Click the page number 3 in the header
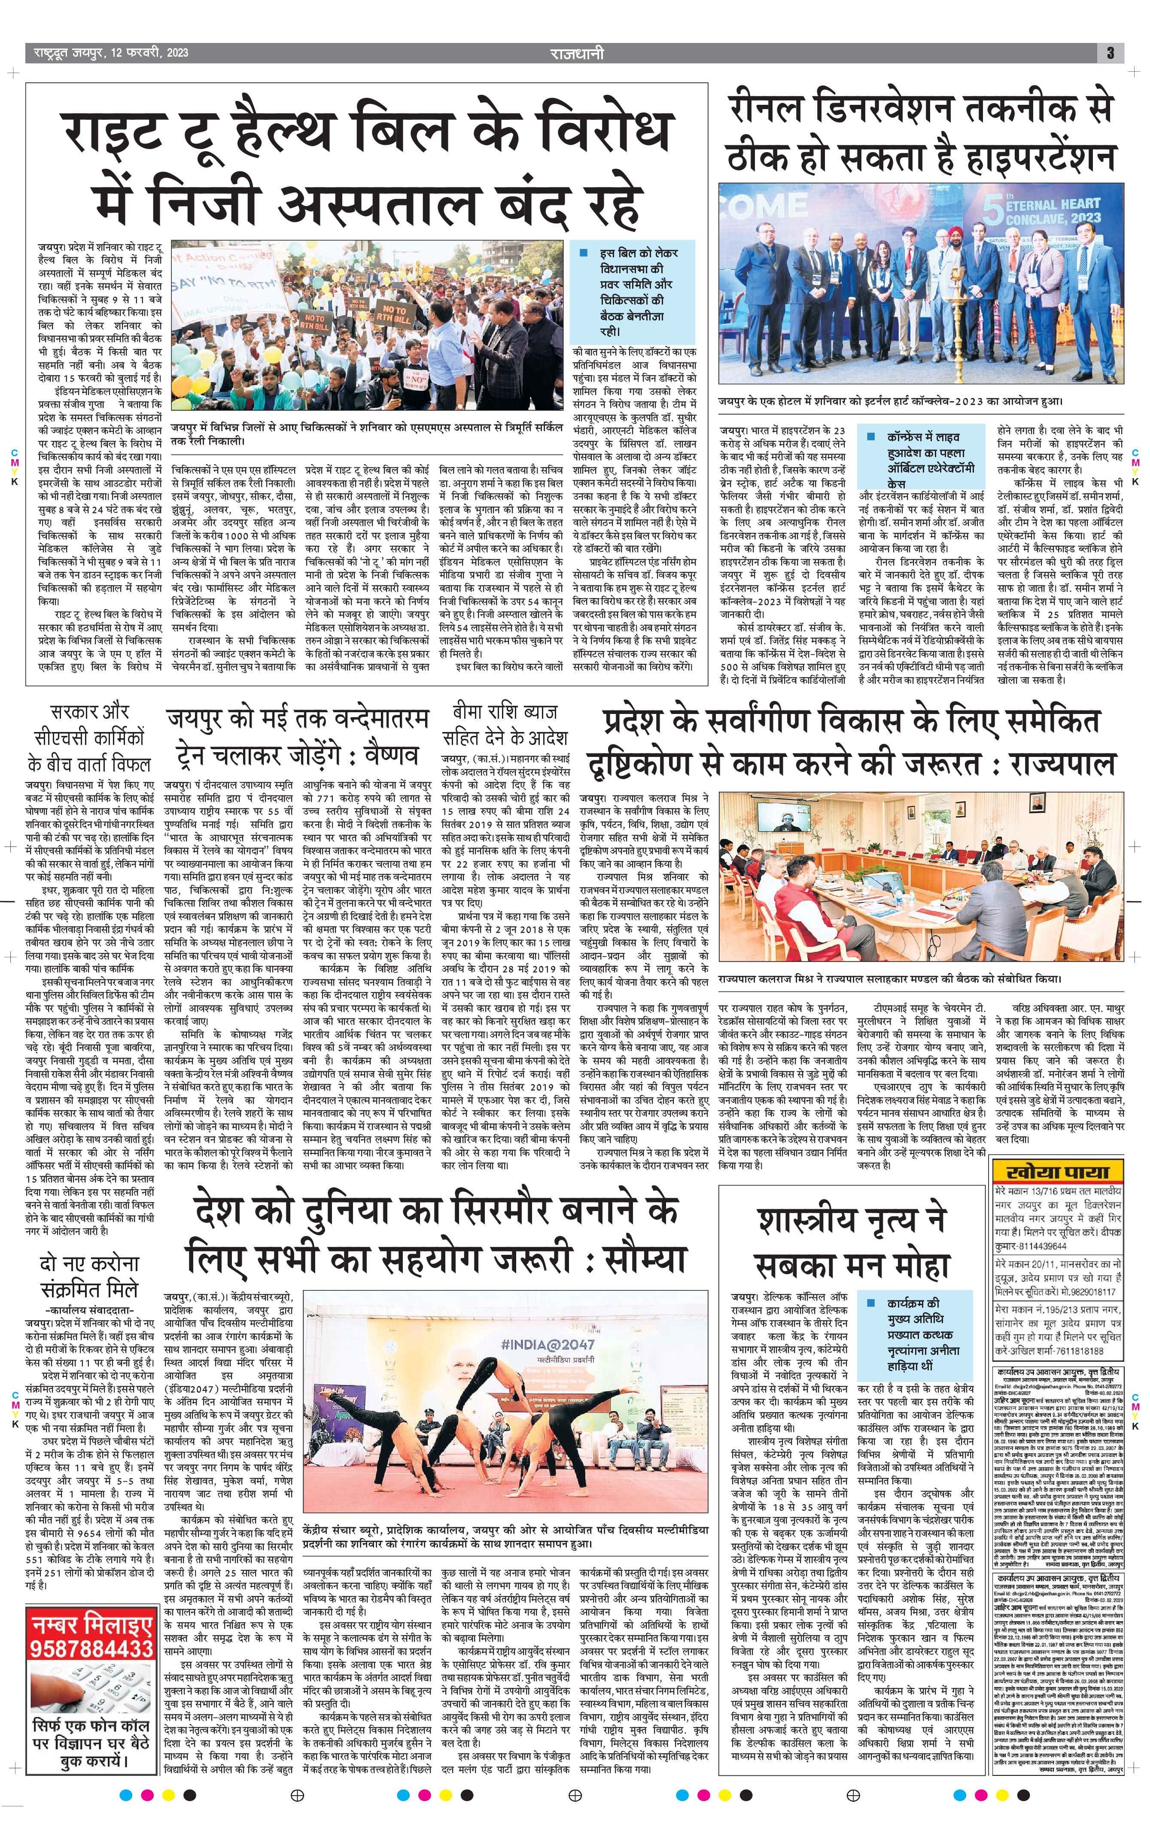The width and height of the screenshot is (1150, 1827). click(1110, 53)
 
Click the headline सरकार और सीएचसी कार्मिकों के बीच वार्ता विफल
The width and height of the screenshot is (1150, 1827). click(89, 737)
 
